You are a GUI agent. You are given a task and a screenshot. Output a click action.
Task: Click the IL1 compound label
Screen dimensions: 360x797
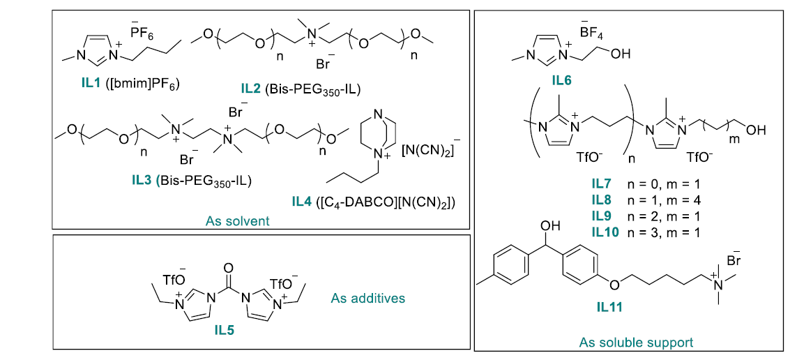[91, 84]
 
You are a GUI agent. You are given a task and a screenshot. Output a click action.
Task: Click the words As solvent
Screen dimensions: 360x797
[238, 221]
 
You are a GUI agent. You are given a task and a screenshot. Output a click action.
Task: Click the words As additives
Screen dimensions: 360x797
[367, 298]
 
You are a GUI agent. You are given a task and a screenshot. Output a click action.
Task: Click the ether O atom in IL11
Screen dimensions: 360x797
[613, 285]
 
